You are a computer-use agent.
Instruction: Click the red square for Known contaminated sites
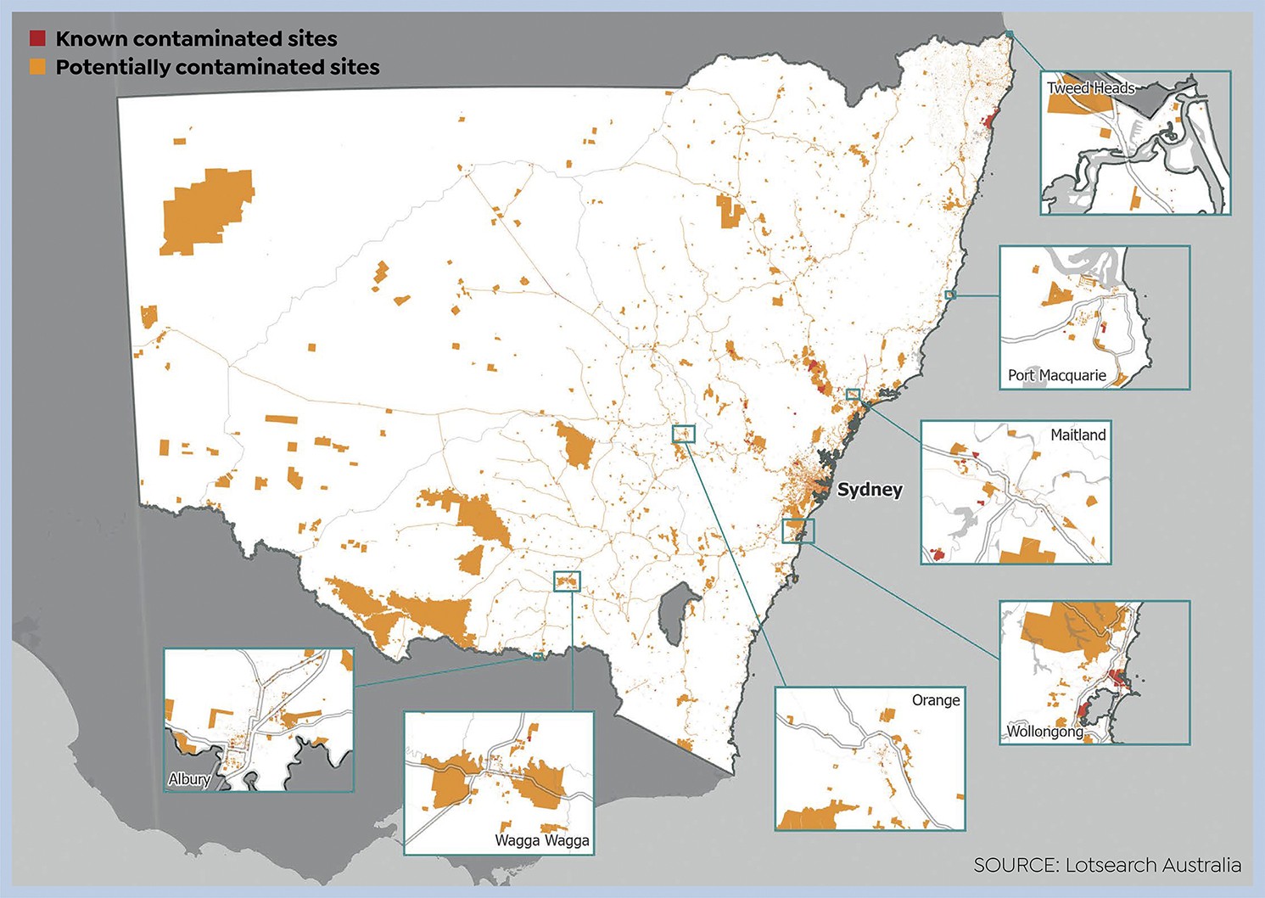click(37, 38)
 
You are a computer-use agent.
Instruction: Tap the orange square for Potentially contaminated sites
click(37, 67)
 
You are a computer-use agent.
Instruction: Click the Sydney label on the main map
click(870, 490)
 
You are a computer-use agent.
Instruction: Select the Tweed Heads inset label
click(1090, 87)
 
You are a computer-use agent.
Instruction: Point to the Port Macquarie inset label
click(1056, 375)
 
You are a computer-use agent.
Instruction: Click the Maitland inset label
click(1077, 435)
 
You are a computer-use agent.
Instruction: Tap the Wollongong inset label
click(1044, 732)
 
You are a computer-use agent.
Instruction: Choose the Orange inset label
click(936, 700)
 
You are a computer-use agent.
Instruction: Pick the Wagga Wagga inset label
click(541, 840)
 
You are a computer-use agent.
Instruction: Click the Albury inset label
click(189, 779)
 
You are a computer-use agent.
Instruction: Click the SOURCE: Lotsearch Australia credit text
click(1107, 865)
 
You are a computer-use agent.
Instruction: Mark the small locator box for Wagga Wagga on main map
click(567, 581)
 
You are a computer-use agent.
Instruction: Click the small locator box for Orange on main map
click(684, 434)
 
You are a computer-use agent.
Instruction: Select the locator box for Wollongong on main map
click(798, 531)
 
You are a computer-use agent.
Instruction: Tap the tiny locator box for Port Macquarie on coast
click(950, 295)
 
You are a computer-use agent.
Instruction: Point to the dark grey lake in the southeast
click(676, 611)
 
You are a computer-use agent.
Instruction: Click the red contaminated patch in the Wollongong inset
click(1117, 678)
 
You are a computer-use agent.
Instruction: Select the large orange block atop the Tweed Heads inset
click(1077, 104)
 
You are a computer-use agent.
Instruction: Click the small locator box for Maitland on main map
click(853, 395)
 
